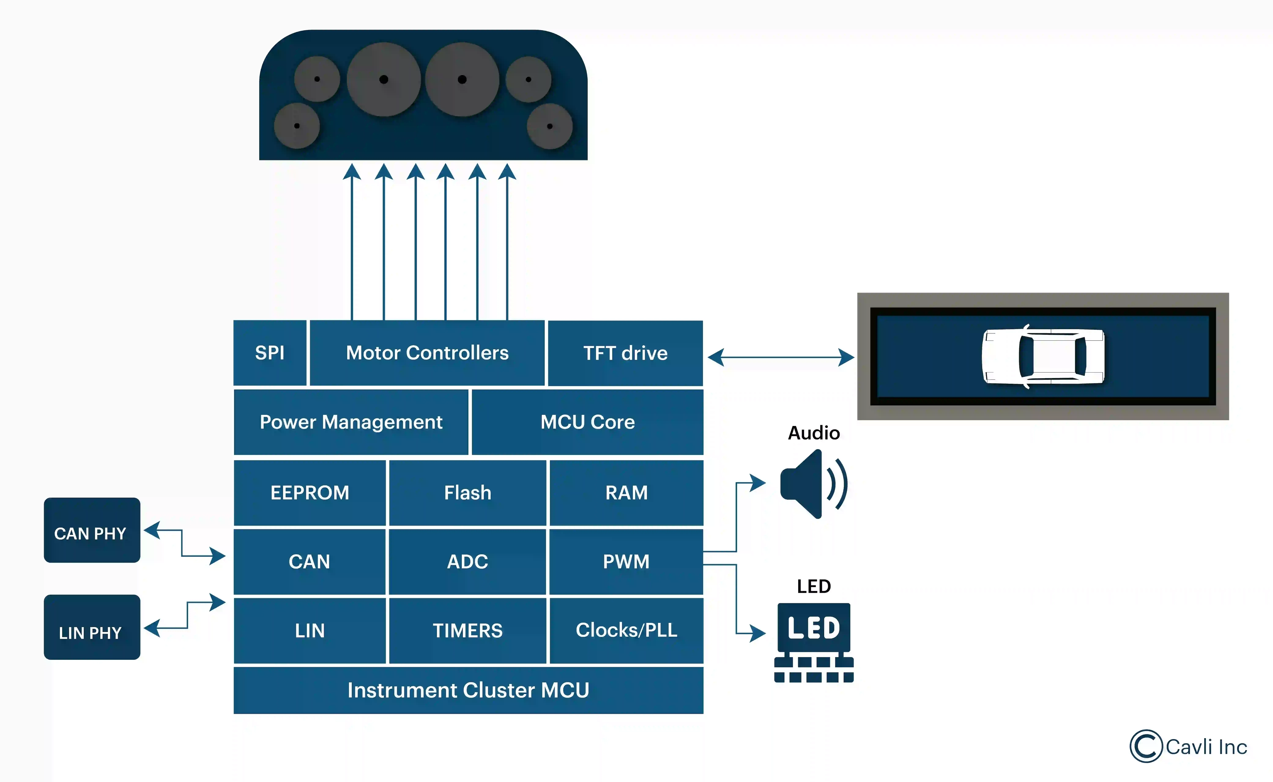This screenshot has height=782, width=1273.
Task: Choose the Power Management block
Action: (351, 422)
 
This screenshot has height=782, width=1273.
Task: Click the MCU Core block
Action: (588, 422)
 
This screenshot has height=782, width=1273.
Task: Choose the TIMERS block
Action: (468, 631)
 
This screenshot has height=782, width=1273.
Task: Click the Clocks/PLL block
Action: (626, 631)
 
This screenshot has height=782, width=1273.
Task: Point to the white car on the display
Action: (1043, 356)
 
